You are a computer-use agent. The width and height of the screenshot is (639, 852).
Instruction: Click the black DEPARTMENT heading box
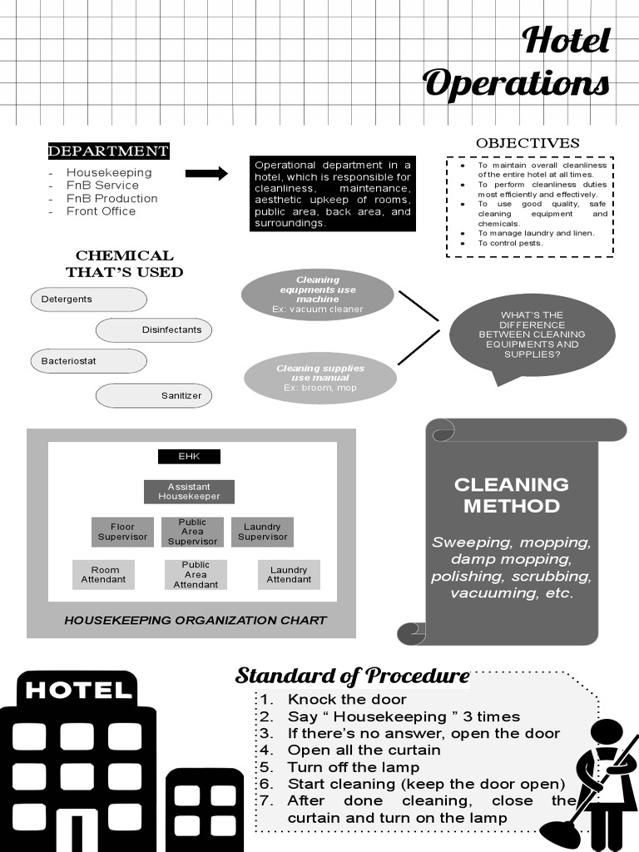108,151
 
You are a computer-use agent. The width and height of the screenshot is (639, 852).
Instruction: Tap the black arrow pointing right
206,173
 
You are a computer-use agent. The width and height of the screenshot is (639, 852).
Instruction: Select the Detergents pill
88,300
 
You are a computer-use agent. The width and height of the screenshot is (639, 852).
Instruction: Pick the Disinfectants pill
154,330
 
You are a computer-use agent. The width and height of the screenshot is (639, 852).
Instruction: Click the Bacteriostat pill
88,361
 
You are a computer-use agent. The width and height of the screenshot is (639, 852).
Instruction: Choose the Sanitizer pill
154,395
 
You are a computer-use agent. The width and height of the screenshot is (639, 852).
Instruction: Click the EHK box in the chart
189,456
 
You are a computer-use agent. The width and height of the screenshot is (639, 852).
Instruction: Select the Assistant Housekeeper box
189,492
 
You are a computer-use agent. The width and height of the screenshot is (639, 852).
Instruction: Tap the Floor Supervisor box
122,532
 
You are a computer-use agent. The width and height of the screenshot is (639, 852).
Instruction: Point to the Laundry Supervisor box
262,532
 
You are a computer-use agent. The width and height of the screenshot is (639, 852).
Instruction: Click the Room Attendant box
103,575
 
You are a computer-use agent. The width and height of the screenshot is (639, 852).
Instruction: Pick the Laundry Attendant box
289,575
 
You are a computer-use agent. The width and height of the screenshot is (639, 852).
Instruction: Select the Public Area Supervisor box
192,532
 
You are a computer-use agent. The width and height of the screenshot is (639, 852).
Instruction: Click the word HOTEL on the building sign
78,690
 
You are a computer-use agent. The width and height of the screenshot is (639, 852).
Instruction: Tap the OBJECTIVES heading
528,143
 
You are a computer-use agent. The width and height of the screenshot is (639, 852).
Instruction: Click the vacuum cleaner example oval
317,295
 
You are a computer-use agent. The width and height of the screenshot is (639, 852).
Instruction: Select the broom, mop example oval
320,378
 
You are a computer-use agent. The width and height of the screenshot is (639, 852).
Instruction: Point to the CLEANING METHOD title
511,495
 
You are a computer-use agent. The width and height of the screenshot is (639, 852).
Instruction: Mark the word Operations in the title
516,83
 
